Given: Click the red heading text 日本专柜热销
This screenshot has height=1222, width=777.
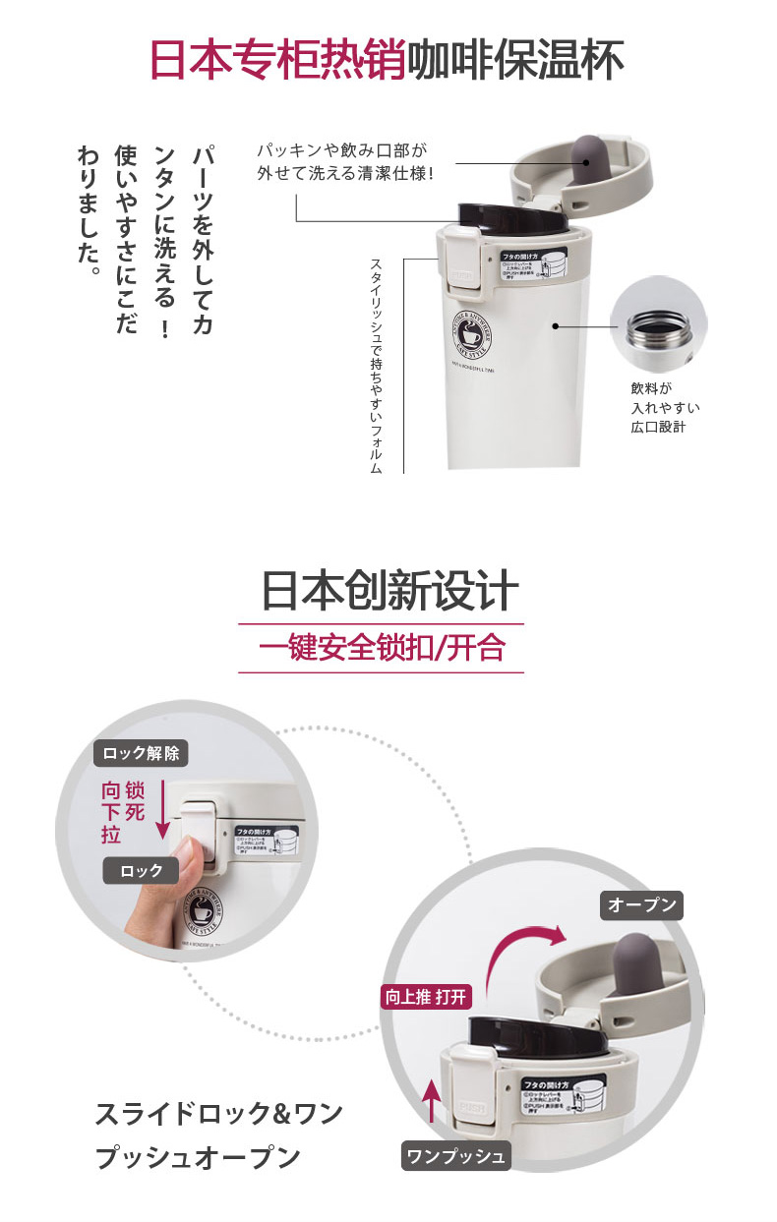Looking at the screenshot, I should point(276,60).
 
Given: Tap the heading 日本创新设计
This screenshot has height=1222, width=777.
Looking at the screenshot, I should point(388,592).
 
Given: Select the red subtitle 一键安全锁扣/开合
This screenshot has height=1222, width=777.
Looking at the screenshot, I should point(382,648).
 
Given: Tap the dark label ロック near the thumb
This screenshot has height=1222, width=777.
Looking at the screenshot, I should point(142,870).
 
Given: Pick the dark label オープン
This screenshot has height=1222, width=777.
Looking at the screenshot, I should point(641,905).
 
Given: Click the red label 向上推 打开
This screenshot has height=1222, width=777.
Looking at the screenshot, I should point(427,997).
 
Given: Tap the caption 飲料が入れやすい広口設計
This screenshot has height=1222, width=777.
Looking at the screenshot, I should point(665,408).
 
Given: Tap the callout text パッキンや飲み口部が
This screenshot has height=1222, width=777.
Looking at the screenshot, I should point(342,152).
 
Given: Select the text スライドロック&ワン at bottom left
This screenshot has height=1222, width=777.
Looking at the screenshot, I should point(218,1114).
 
